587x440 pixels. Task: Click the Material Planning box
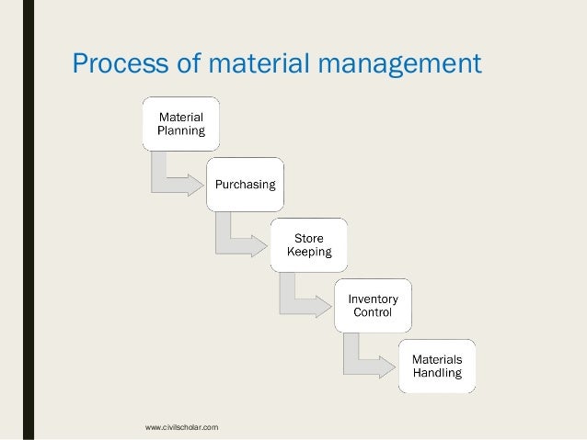tap(181, 123)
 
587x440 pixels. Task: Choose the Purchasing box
tap(245, 185)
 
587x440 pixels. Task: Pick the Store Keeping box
tap(309, 245)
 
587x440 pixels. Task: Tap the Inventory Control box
tap(373, 305)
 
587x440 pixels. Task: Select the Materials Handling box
tap(437, 367)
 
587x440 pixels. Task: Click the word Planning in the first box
tap(181, 130)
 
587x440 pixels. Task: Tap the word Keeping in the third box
tap(309, 252)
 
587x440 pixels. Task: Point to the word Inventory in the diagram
tap(373, 299)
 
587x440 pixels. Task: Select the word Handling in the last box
tap(437, 374)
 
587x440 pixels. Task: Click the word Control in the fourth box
tap(373, 312)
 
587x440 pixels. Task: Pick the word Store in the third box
tap(309, 239)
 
